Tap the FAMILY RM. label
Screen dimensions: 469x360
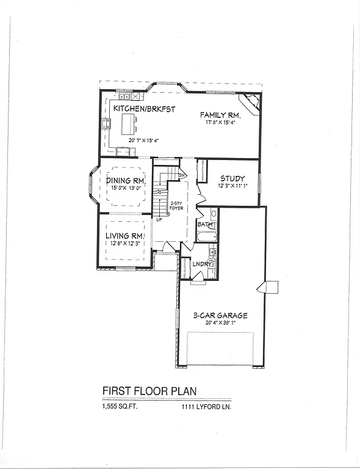[220, 115]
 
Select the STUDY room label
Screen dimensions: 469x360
[232, 178]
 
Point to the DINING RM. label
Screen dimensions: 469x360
[126, 180]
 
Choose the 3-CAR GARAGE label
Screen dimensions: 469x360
[221, 316]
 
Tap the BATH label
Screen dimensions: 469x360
[204, 225]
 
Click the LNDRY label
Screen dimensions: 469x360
[201, 264]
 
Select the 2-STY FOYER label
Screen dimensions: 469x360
[177, 206]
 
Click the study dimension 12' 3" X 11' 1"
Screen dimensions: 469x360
[232, 186]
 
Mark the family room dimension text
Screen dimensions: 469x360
[220, 122]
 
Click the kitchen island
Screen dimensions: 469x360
[128, 125]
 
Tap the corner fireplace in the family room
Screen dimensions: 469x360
[251, 101]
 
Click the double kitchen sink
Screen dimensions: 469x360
[125, 96]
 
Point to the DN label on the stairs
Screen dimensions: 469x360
[182, 175]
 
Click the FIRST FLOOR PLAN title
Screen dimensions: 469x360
[149, 391]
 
